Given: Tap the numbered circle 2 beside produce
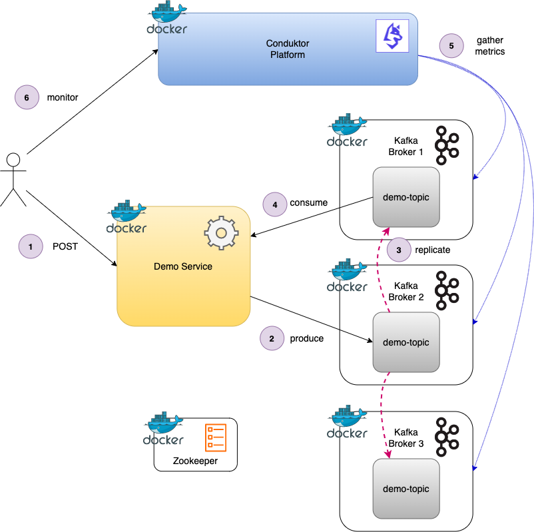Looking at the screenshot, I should (272, 338).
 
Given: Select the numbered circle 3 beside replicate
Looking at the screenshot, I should (398, 250).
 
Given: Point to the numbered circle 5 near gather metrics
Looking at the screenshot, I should (451, 46).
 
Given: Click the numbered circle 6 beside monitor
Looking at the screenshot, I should (27, 97).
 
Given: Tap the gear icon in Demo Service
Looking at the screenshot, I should (221, 233).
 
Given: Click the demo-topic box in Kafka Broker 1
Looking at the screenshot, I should (406, 196).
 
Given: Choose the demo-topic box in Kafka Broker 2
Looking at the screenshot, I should (406, 342).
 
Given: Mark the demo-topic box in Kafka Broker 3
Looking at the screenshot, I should (406, 488).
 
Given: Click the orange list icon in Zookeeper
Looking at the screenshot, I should (216, 437).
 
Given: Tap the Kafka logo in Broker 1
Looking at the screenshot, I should (447, 145).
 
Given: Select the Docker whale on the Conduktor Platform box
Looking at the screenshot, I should (167, 18).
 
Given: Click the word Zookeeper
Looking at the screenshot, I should (195, 461).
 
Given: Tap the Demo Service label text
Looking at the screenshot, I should (183, 266).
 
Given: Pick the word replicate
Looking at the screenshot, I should (433, 250).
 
